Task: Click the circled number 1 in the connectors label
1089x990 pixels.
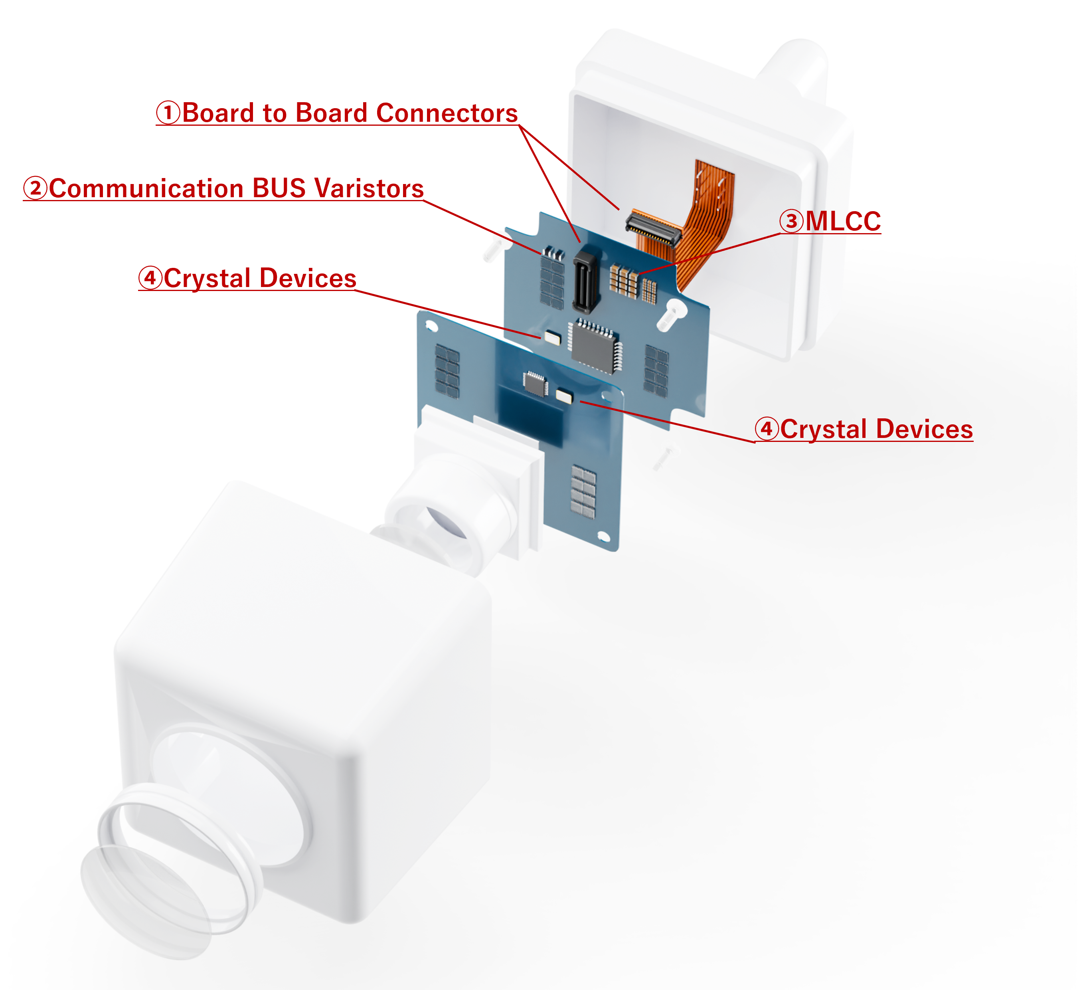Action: coord(168,113)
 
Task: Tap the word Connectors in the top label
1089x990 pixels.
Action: coord(447,113)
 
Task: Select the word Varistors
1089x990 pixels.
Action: coord(369,188)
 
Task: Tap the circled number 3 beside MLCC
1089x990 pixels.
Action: coord(791,221)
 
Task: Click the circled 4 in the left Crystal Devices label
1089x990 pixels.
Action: coord(150,278)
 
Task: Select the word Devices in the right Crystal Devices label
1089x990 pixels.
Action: coord(924,429)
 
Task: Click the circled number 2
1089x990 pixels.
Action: coord(35,188)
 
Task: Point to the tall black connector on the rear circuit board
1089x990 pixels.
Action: coord(585,281)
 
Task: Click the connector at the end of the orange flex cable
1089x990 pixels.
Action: coord(652,227)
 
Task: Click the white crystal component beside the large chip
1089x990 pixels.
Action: coord(552,337)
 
